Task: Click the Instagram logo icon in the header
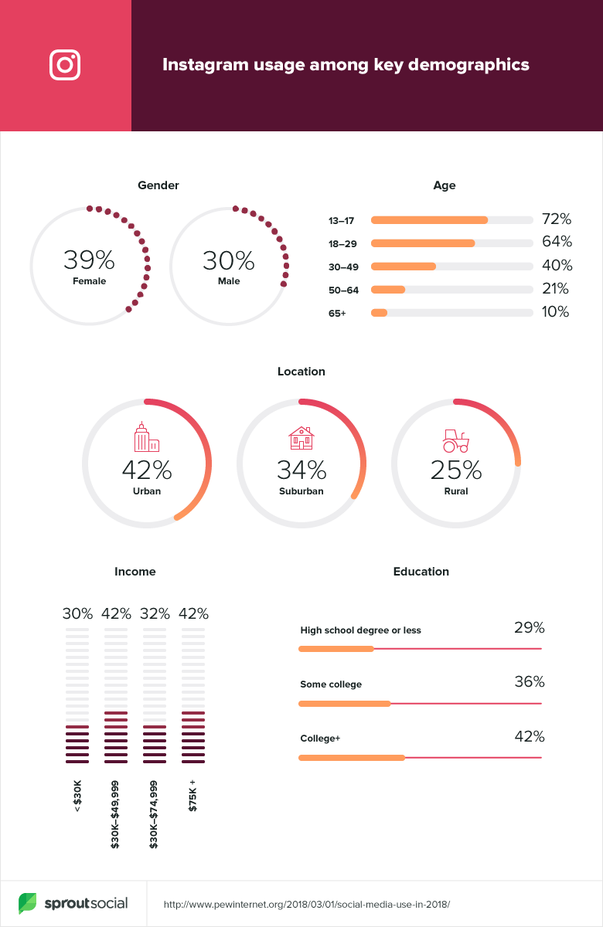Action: click(65, 65)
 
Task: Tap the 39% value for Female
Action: click(89, 260)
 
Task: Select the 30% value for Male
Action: click(229, 260)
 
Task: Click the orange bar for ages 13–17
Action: click(429, 220)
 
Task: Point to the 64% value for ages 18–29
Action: click(556, 242)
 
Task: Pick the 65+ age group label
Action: click(337, 313)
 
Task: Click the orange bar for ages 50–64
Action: click(388, 290)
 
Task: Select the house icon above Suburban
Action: click(301, 438)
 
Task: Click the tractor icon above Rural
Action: click(455, 441)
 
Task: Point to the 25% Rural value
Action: click(456, 470)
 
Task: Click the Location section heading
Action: click(301, 372)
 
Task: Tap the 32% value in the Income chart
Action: click(155, 614)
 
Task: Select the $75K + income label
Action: click(193, 795)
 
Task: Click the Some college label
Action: click(331, 684)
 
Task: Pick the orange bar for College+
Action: click(352, 758)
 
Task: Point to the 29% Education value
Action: click(530, 627)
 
